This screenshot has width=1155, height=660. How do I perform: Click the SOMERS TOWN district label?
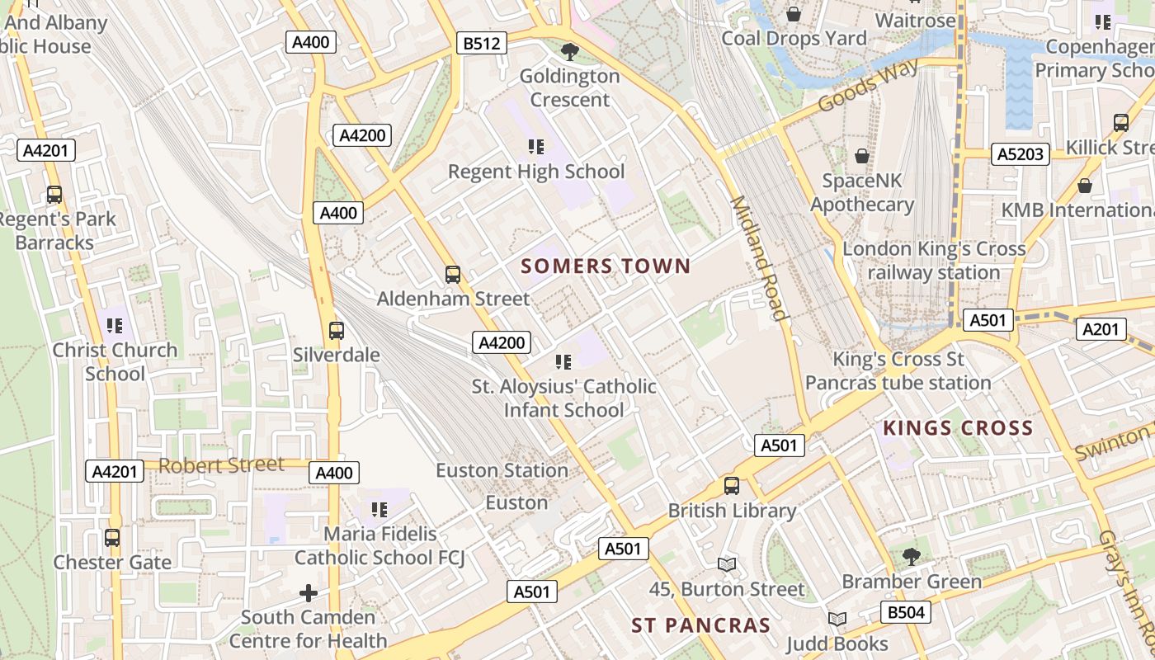click(x=606, y=266)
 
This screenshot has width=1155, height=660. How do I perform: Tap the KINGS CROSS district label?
click(x=958, y=428)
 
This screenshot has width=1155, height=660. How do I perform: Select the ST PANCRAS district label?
click(x=700, y=625)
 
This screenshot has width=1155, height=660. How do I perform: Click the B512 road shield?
click(x=482, y=43)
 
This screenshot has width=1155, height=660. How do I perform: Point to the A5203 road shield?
click(x=1020, y=153)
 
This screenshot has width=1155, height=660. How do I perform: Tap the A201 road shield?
click(x=1101, y=329)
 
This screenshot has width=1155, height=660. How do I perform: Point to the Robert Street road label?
click(x=221, y=464)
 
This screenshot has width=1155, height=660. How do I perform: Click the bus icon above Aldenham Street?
click(x=452, y=275)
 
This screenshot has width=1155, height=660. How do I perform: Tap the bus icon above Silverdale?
click(x=336, y=331)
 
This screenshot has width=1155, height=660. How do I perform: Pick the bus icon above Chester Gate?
click(x=112, y=538)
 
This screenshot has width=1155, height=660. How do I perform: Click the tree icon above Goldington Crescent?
click(x=568, y=52)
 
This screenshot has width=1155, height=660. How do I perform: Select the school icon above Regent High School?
click(x=536, y=147)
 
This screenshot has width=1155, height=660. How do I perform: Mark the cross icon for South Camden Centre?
click(x=308, y=592)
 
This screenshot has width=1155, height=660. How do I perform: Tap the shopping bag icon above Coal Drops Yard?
click(x=794, y=14)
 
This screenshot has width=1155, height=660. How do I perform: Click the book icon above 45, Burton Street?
click(x=726, y=564)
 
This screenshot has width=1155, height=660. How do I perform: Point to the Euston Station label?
click(x=502, y=470)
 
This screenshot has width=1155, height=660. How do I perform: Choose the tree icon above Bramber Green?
click(x=911, y=557)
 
